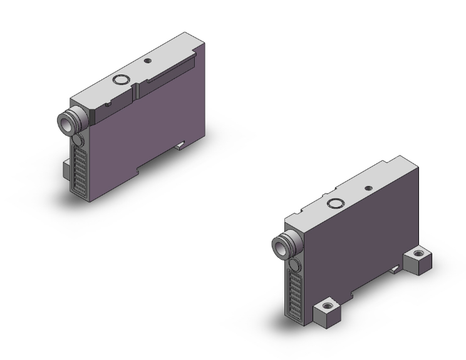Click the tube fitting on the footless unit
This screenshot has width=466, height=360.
(x=66, y=121)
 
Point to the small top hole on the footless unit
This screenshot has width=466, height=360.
(x=148, y=61)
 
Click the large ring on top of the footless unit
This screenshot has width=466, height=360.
(x=120, y=80)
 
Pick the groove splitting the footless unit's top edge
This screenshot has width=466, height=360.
(x=134, y=90)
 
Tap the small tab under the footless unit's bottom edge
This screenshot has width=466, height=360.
(x=180, y=145)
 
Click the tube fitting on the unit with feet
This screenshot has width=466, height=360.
(x=279, y=244)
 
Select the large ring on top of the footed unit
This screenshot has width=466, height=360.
(x=335, y=202)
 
